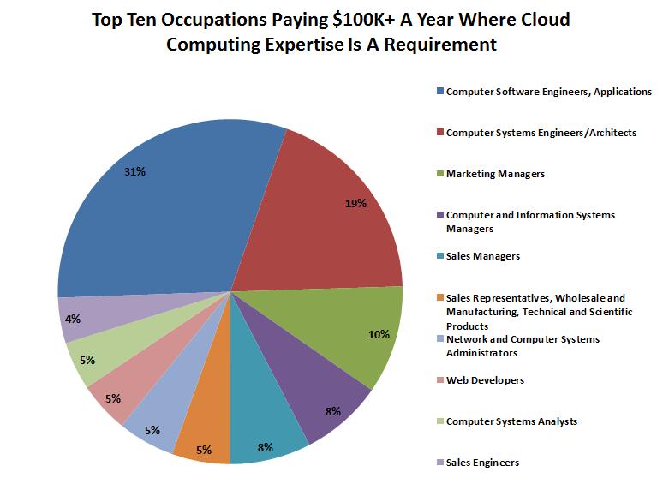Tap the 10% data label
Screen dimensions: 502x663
pos(379,334)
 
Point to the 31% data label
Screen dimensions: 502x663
pos(135,172)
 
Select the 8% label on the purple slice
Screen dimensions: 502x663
pos(334,410)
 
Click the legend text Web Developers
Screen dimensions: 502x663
pos(485,380)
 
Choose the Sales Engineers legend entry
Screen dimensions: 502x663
pos(482,463)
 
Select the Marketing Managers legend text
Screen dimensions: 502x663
pos(495,174)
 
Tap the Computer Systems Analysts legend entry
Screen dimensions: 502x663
pos(511,421)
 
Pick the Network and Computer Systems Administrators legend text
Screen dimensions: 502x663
pos(523,345)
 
